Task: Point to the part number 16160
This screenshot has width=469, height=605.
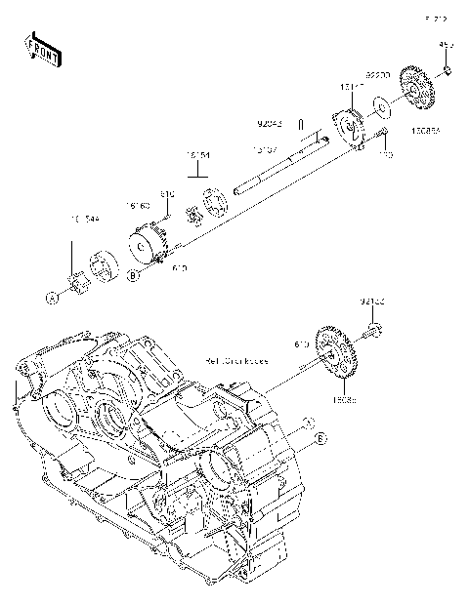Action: (x=137, y=206)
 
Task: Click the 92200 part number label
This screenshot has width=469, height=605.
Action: (x=378, y=74)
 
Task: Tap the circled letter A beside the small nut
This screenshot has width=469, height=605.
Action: (x=55, y=296)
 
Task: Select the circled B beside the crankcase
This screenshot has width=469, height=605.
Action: (x=319, y=442)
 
